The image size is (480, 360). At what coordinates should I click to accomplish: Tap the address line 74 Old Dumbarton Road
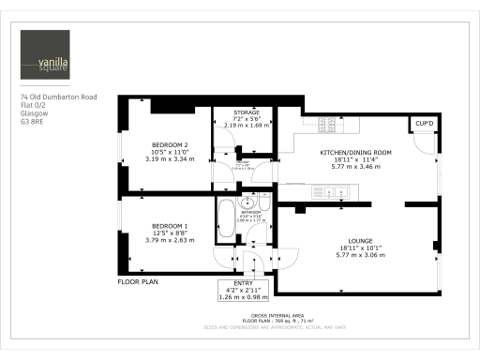(58, 97)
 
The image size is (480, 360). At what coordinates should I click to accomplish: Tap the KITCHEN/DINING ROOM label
(355, 152)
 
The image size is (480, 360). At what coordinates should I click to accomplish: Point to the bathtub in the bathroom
(225, 219)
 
